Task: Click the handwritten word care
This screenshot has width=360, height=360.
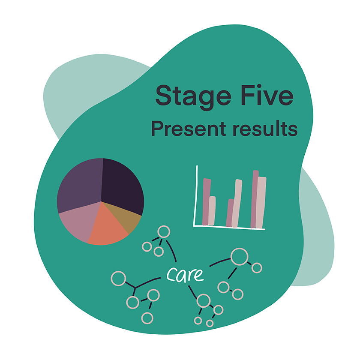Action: pos(185,274)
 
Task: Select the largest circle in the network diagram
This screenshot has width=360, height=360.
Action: pos(239,257)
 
